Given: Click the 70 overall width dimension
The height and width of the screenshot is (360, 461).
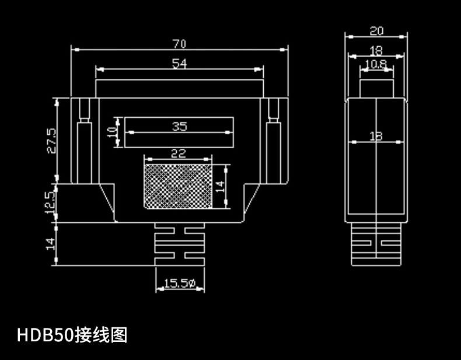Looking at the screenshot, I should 179,44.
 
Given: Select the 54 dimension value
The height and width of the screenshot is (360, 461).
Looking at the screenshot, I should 179,64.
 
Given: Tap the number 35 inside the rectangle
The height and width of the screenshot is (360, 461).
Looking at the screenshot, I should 180,126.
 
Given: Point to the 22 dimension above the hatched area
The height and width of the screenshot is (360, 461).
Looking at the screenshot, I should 178,153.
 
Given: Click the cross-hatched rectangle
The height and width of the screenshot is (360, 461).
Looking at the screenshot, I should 178,186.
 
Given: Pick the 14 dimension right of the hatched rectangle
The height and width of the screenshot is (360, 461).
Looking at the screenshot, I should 219,186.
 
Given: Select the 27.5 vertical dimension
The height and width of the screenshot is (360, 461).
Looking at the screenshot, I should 51,141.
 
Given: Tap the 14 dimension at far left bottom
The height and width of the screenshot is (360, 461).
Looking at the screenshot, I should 51,244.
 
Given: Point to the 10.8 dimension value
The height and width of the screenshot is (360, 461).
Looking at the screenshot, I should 376,64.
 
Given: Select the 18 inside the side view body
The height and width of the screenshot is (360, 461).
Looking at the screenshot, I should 376,136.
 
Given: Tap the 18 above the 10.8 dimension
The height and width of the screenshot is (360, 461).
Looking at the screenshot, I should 376,51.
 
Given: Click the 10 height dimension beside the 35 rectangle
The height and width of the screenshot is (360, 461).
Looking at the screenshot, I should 112,132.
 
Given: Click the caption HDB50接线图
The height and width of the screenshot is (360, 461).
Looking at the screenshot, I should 72,335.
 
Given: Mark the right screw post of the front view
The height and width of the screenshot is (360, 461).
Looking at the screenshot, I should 273,140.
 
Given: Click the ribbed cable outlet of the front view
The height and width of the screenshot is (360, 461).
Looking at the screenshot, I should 179,244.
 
